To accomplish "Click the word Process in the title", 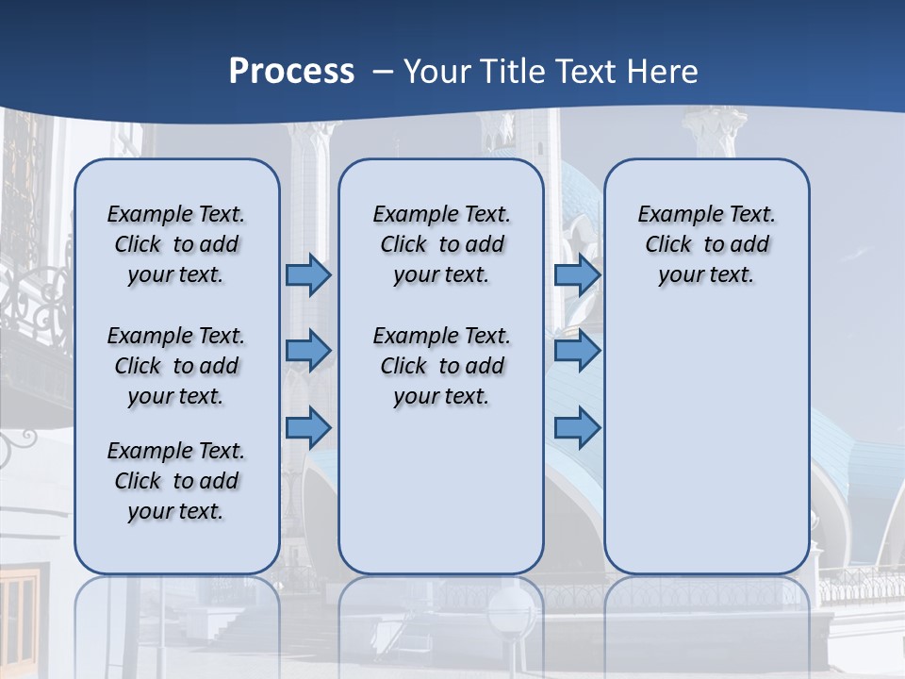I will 291,72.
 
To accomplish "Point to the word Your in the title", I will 437,72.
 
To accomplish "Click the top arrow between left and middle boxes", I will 308,274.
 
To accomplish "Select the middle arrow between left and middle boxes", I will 308,351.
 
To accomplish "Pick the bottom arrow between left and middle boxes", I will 308,427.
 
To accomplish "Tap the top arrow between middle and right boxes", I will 577,274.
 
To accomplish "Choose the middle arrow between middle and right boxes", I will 577,351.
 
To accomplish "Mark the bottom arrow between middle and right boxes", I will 577,427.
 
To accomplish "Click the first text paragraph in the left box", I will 176,244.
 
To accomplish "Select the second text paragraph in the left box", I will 176,366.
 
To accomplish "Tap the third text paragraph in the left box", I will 176,481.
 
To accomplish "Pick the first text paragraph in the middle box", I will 441,244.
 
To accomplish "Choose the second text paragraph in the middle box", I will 441,366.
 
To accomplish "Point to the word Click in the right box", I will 668,245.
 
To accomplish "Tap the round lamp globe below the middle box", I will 511,609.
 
